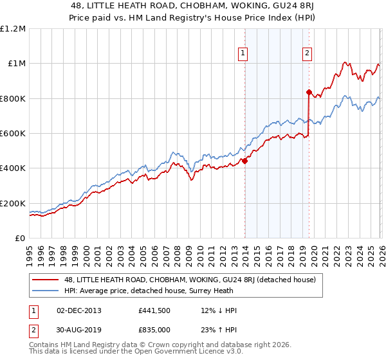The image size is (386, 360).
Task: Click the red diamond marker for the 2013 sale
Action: [x=244, y=161]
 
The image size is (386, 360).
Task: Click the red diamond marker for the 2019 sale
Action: [x=309, y=92]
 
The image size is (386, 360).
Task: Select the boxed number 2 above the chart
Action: [x=308, y=53]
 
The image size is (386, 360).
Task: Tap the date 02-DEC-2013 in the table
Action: [x=78, y=310]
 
